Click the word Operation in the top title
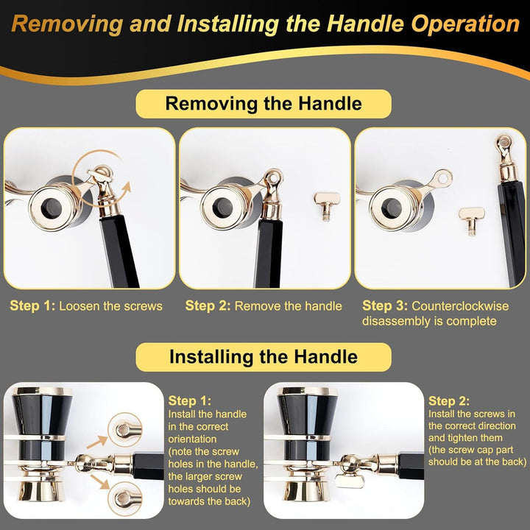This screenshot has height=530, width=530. click(x=465, y=24)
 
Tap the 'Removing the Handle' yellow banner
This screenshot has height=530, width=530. click(x=264, y=104)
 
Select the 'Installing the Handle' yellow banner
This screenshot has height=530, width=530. click(x=264, y=357)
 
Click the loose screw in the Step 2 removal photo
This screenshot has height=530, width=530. click(x=326, y=206)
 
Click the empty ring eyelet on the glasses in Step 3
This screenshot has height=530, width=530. click(x=443, y=178)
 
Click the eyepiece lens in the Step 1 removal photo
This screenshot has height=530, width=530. click(x=52, y=208)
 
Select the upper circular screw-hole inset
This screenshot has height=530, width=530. click(x=124, y=430)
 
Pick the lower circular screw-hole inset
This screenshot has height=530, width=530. click(x=124, y=498)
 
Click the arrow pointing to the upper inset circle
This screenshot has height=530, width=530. click(x=97, y=442)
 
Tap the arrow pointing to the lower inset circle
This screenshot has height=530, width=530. click(x=100, y=481)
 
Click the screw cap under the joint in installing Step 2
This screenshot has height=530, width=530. click(x=350, y=480)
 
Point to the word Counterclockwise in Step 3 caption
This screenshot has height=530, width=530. click(x=460, y=306)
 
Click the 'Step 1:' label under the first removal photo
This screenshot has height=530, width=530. click(x=32, y=306)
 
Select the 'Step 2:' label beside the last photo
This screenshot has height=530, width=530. click(x=449, y=401)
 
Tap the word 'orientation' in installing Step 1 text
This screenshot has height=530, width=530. click(x=192, y=439)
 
